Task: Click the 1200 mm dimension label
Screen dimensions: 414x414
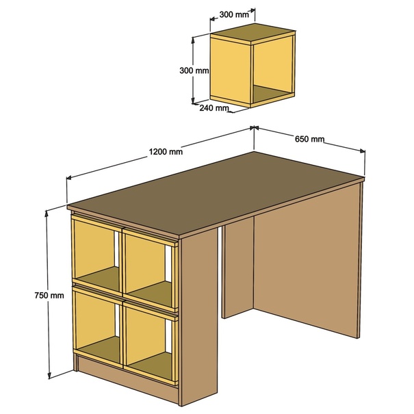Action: [166, 152]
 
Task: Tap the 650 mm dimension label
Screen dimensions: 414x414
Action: [309, 139]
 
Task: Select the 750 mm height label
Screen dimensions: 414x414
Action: [49, 295]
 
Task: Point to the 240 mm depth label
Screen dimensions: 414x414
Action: [214, 108]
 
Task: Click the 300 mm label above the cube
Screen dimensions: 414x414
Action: [234, 14]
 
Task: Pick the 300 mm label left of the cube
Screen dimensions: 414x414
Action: [194, 70]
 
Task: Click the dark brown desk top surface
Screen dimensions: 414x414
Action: [215, 192]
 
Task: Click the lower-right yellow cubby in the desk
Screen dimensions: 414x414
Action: [151, 344]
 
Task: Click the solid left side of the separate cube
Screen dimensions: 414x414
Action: [230, 70]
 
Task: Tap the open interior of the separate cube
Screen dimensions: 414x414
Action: [272, 70]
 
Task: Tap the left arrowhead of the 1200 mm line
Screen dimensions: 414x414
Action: [69, 177]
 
